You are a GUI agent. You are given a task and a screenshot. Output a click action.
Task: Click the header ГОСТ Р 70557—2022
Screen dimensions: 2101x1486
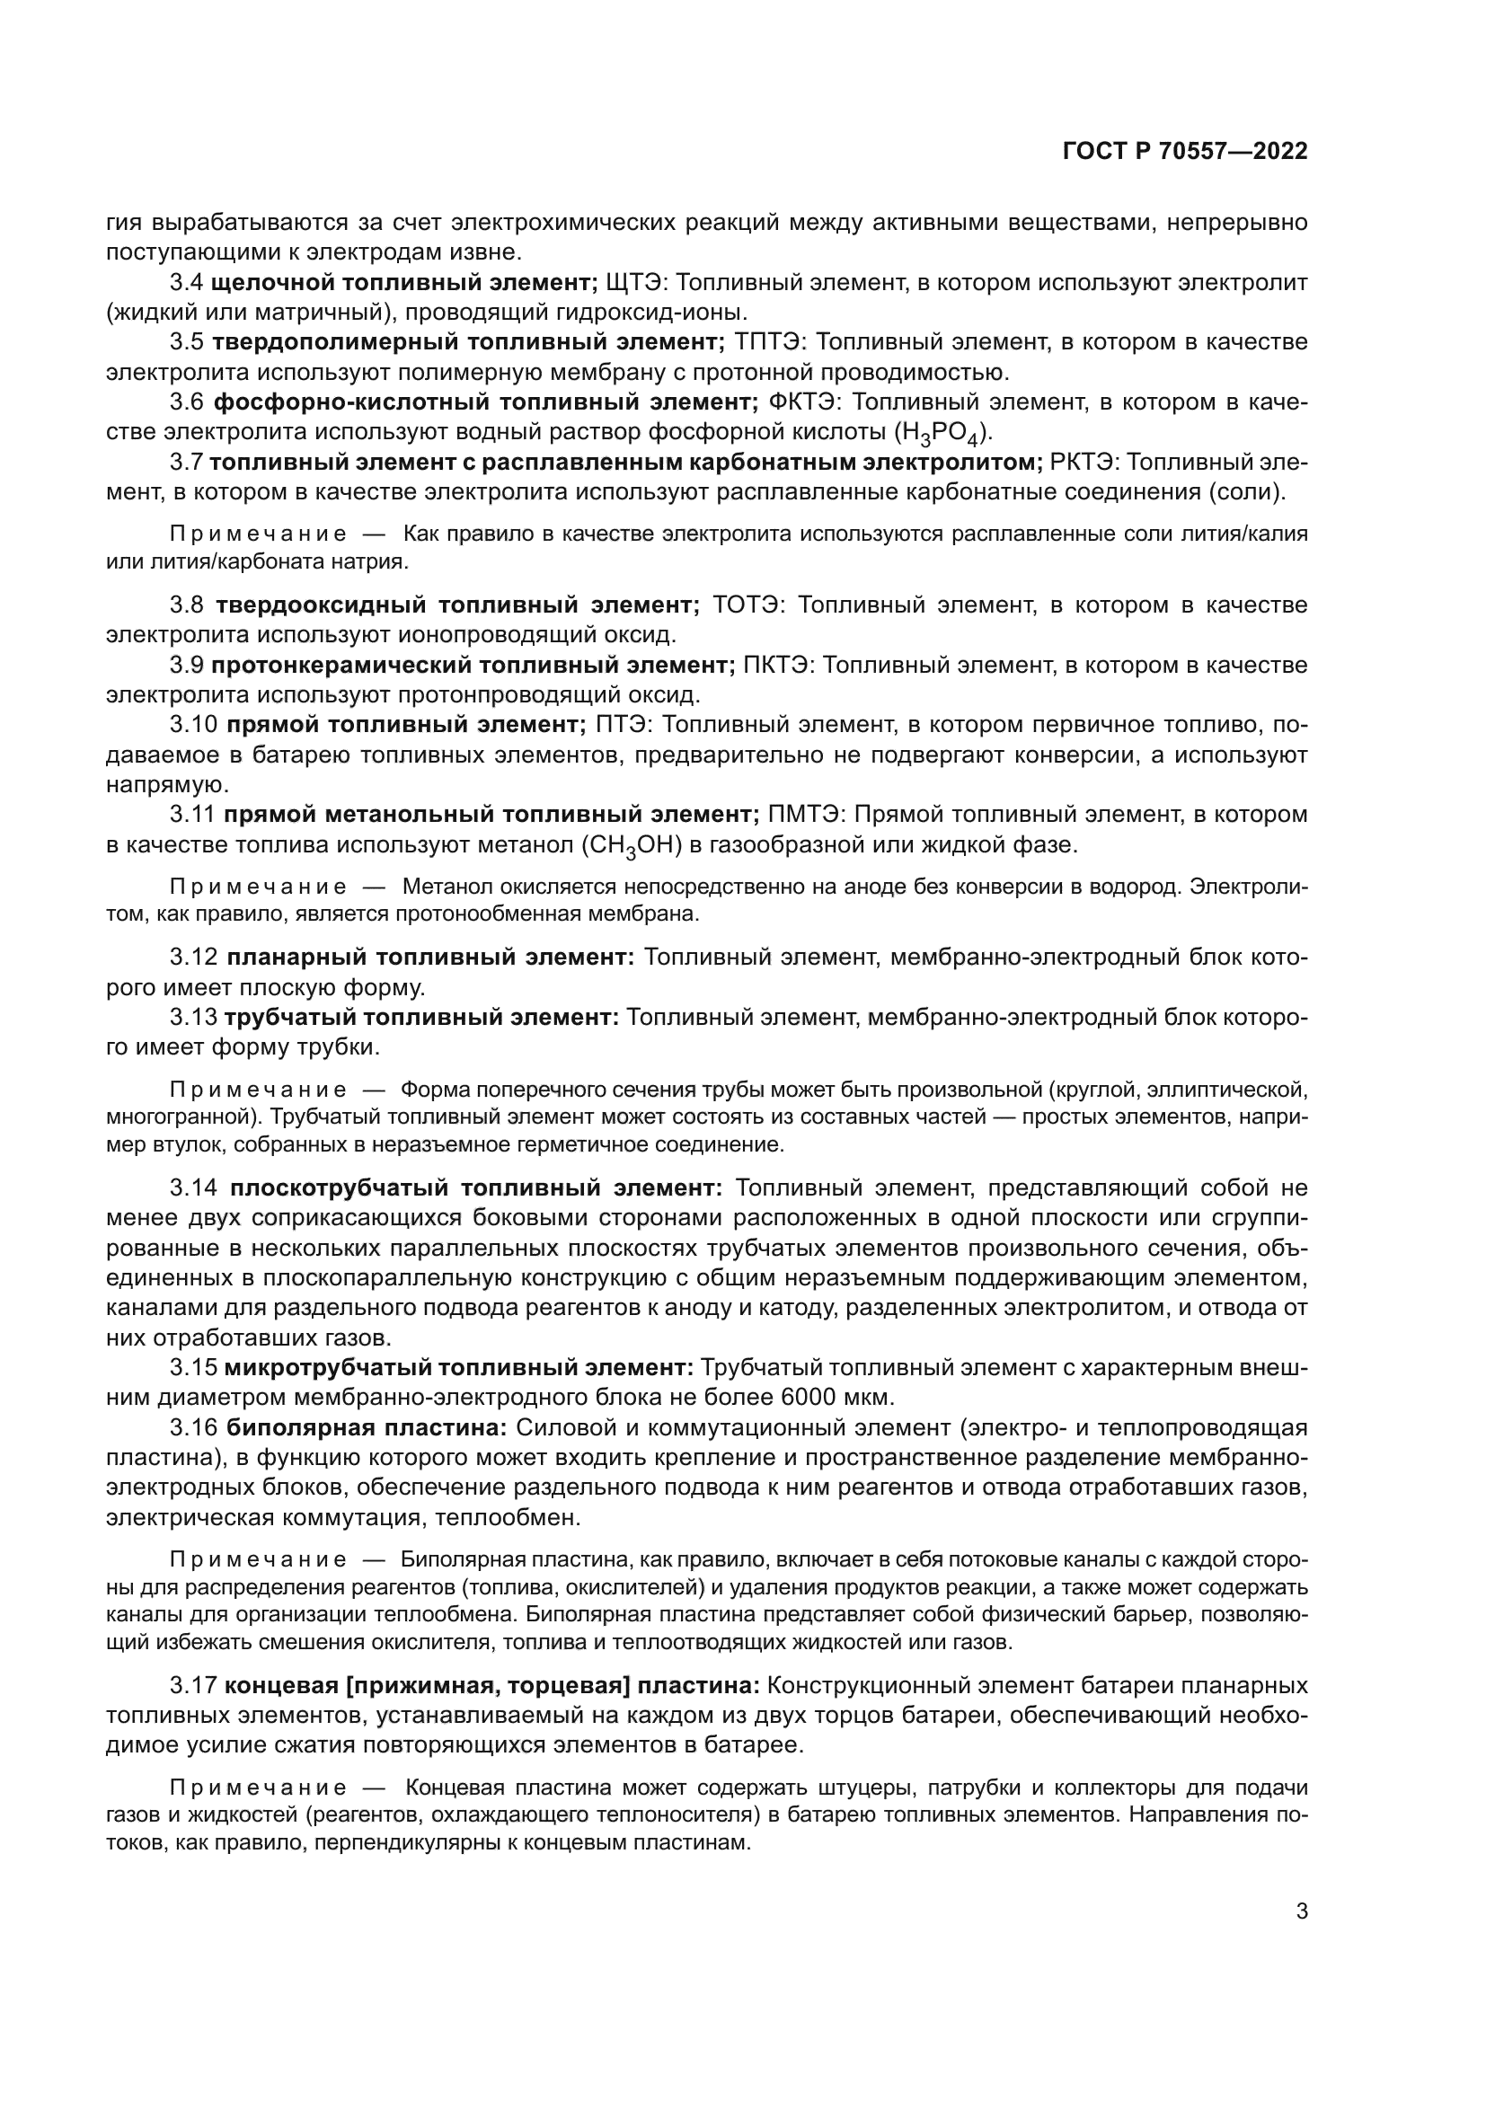(1184, 152)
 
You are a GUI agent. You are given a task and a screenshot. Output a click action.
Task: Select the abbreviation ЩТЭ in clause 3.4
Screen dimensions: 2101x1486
(637, 283)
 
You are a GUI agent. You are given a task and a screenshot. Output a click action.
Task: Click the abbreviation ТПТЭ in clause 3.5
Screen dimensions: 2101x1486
(769, 342)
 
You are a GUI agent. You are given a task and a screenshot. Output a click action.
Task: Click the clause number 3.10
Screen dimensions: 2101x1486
(193, 725)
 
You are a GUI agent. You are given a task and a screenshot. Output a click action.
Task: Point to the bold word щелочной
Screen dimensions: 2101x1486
(280, 283)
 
